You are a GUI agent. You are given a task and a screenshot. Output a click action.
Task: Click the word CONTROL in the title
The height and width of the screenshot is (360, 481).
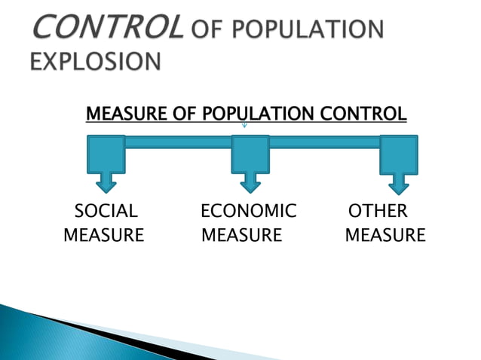(107, 29)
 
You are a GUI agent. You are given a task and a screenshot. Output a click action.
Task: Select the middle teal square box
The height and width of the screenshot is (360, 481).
(250, 153)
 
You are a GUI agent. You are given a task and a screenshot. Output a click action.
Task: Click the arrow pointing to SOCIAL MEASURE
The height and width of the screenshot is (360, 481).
(106, 182)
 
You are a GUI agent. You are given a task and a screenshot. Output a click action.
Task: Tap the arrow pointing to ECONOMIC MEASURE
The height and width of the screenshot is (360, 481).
(250, 182)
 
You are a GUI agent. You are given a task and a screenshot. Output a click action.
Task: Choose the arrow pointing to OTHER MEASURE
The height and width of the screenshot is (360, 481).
(398, 182)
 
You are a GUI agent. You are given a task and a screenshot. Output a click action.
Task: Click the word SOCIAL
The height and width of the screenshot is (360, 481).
(106, 211)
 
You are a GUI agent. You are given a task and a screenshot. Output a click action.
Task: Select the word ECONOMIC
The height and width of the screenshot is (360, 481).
(249, 211)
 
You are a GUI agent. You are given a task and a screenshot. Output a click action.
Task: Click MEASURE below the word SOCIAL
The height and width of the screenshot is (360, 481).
(104, 235)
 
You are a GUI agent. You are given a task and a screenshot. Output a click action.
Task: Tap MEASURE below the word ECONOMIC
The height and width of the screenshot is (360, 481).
(242, 235)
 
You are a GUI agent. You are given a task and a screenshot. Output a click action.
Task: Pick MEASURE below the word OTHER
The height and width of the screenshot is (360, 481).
(385, 235)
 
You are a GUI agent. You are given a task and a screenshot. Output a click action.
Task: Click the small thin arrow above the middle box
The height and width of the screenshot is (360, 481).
(244, 124)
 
